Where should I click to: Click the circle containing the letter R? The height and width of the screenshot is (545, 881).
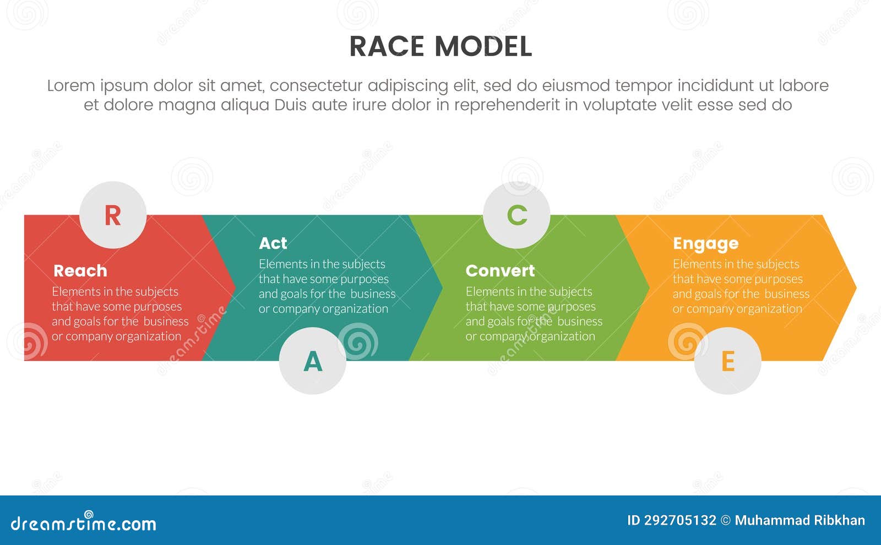pos(113,215)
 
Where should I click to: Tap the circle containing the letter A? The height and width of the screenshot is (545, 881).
pos(313,361)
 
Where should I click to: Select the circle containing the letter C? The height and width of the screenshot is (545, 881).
pos(516,215)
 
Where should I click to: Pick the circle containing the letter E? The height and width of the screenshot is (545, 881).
pos(727,361)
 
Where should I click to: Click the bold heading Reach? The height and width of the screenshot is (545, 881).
pos(80,271)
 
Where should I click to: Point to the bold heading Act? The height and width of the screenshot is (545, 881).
pos(273,243)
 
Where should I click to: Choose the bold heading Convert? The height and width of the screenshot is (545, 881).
pos(500,271)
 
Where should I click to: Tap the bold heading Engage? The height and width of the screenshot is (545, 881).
pos(705,243)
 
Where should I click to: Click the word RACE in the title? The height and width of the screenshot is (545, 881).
pos(388,47)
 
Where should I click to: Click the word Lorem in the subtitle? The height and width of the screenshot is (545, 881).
pos(71,86)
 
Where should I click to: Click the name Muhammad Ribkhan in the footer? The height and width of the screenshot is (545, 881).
pos(800,520)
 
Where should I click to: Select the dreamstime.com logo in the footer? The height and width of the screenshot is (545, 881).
pos(84,524)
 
